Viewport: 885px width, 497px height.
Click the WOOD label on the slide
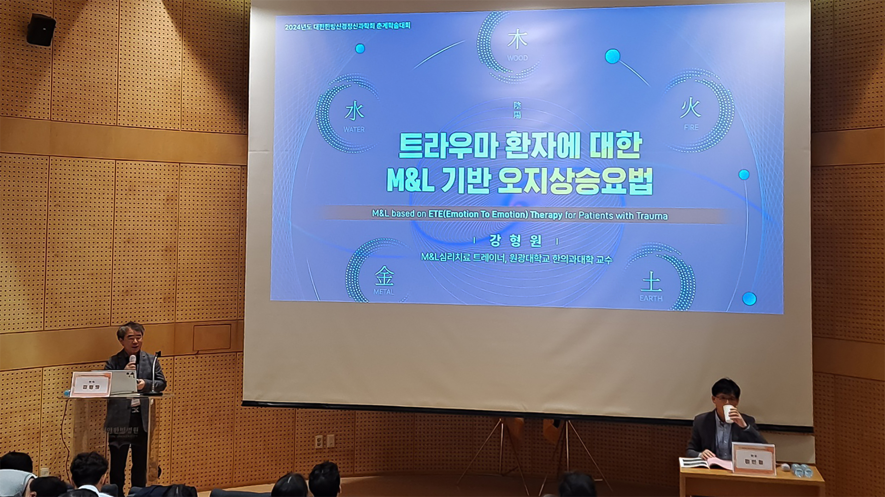[517, 58]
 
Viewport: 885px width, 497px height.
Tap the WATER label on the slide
[354, 130]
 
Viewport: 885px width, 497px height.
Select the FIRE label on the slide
[691, 127]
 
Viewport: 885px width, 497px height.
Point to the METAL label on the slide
[383, 292]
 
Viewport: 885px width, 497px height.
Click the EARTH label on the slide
[651, 298]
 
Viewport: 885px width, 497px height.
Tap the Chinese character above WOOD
[517, 40]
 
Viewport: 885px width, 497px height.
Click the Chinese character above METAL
[384, 276]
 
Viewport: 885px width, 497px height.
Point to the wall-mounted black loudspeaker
[41, 30]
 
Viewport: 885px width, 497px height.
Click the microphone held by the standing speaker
[132, 360]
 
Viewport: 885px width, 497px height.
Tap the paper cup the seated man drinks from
[728, 414]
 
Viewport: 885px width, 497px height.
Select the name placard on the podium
[91, 385]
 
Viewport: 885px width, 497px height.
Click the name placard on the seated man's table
[754, 459]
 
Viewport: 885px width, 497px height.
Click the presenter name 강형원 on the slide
[515, 240]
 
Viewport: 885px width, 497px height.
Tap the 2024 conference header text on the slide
[347, 26]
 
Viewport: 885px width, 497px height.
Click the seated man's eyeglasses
[726, 398]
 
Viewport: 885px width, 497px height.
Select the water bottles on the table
[802, 470]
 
